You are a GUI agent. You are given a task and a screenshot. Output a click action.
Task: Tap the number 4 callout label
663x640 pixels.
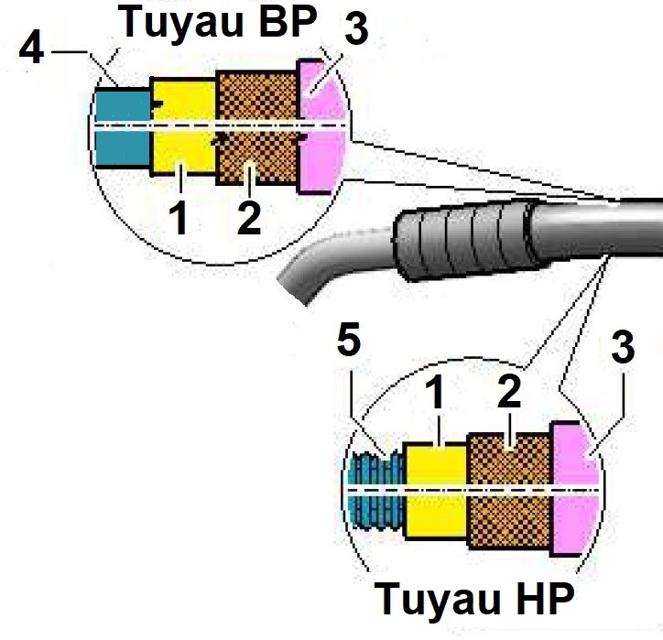click(31, 47)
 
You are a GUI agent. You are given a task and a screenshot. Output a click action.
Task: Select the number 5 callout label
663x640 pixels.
click(350, 342)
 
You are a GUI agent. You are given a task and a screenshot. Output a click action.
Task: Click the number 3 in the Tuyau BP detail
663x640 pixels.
click(354, 29)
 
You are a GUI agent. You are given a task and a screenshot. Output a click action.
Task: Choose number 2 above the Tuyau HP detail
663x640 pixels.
click(508, 391)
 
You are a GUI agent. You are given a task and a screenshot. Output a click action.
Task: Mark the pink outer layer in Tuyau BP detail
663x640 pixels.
click(321, 128)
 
